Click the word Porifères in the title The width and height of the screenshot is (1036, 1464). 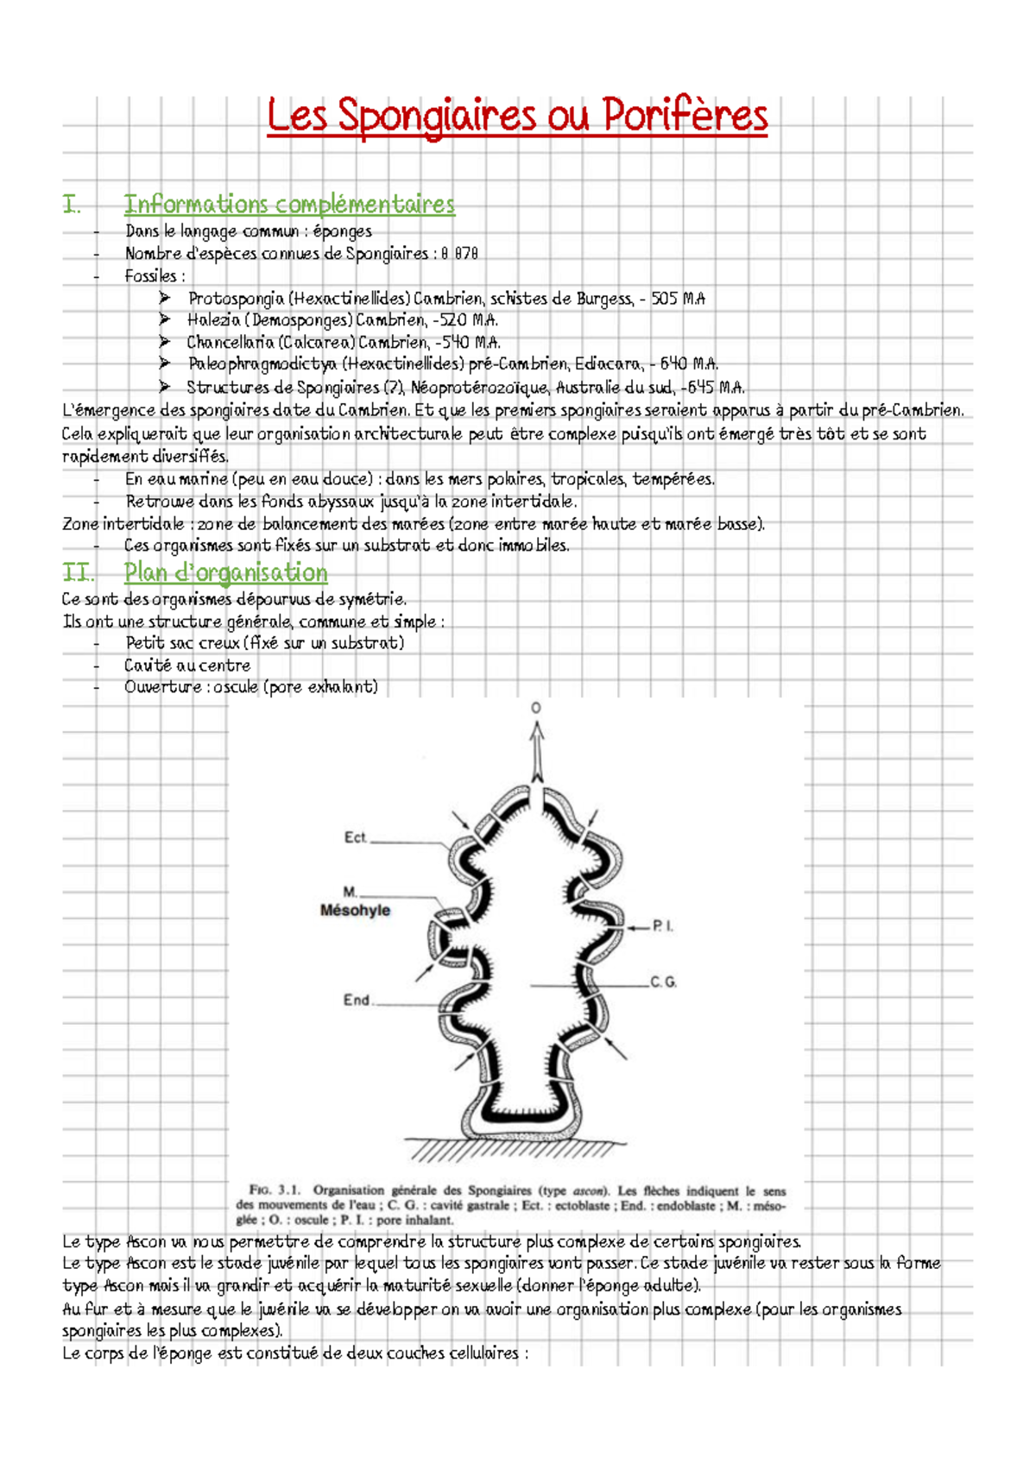684,116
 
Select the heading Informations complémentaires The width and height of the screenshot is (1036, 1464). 288,205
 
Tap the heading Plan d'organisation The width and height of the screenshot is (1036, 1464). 225,572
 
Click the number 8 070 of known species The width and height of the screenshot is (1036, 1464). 458,254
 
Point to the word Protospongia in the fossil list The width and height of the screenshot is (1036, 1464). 236,299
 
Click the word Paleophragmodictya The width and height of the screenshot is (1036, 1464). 262,364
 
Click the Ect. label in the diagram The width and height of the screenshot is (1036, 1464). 356,837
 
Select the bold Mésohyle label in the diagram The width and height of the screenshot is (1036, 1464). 355,911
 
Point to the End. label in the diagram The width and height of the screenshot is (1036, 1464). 357,1000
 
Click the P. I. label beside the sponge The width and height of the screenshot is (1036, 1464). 663,926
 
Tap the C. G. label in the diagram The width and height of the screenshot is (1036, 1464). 663,982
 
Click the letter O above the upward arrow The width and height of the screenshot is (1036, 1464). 536,708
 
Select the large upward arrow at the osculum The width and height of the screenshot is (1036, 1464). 537,751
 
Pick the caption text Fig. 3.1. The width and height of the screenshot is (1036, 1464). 274,1190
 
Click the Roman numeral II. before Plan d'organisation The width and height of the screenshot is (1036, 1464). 78,572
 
